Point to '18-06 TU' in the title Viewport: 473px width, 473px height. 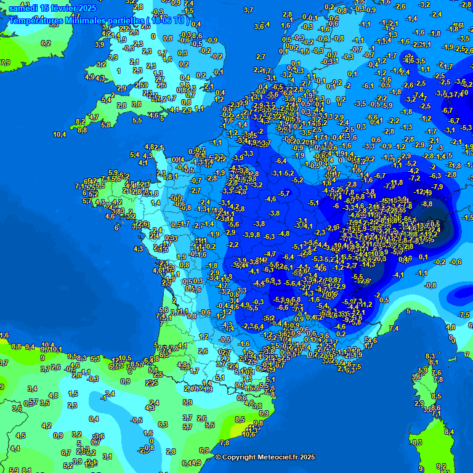(x=169, y=20)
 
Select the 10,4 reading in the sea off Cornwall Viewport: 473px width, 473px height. (x=60, y=134)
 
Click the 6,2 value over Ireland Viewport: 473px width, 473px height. (x=46, y=43)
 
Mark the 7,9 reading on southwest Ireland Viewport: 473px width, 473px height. (x=5, y=62)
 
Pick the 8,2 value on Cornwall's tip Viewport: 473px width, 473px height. (x=80, y=121)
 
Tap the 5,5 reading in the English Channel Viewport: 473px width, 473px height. (x=137, y=120)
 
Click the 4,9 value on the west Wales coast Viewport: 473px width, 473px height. (x=91, y=77)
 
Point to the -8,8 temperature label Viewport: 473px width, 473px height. (x=427, y=204)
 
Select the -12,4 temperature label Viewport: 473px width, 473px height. (x=422, y=192)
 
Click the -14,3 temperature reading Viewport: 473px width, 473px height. (x=368, y=264)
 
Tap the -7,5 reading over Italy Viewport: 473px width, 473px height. (x=464, y=315)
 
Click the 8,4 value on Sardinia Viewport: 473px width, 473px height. (x=449, y=432)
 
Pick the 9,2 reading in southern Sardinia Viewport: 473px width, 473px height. (x=441, y=466)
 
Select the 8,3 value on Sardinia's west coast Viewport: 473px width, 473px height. (x=417, y=442)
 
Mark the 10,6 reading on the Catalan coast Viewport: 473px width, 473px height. (x=249, y=434)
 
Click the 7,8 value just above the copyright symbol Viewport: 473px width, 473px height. (x=224, y=443)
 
